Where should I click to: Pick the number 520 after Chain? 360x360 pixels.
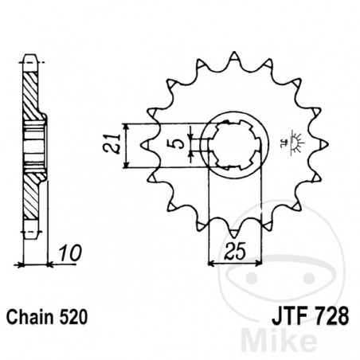click(x=74, y=315)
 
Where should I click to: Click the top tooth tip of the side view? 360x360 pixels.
click(x=29, y=57)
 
